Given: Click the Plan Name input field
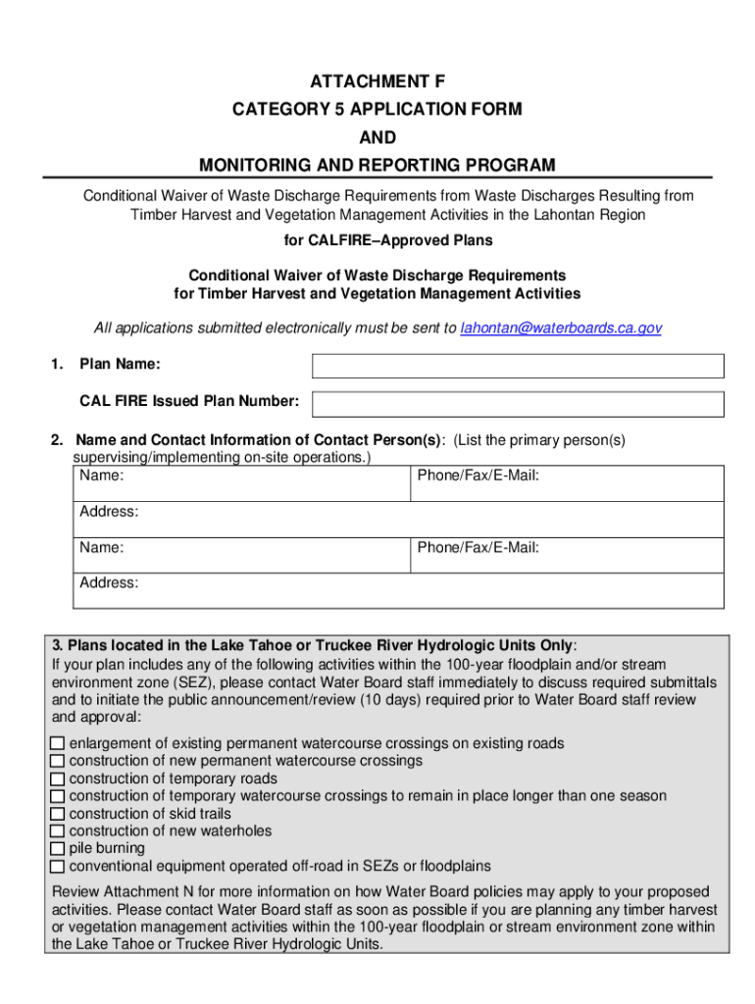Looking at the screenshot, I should [x=518, y=366].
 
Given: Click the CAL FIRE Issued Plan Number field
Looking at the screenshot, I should [x=518, y=403].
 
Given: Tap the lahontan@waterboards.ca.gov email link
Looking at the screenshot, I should [x=561, y=327].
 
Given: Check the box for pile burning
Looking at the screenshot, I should [x=58, y=849].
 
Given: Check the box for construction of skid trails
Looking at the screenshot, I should [x=58, y=814].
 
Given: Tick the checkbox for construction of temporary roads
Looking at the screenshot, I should [x=58, y=779].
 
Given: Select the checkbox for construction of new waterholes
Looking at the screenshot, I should [x=58, y=831].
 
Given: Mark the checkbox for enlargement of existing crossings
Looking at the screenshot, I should [x=58, y=744].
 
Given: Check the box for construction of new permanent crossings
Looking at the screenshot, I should [x=58, y=762].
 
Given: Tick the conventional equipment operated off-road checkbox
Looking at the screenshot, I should [x=58, y=867].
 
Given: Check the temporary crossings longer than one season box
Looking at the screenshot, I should [x=58, y=797].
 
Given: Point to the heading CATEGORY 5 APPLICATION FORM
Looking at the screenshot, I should [x=377, y=110].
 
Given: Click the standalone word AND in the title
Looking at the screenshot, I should [x=377, y=138].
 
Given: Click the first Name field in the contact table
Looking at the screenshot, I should [x=241, y=482].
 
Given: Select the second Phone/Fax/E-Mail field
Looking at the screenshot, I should [x=567, y=554].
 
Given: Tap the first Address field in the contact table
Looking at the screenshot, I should [x=398, y=519].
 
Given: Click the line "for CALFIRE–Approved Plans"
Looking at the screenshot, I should [x=377, y=240].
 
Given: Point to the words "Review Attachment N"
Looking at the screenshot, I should [x=112, y=892].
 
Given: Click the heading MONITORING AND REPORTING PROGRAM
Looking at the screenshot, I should [x=377, y=165].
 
